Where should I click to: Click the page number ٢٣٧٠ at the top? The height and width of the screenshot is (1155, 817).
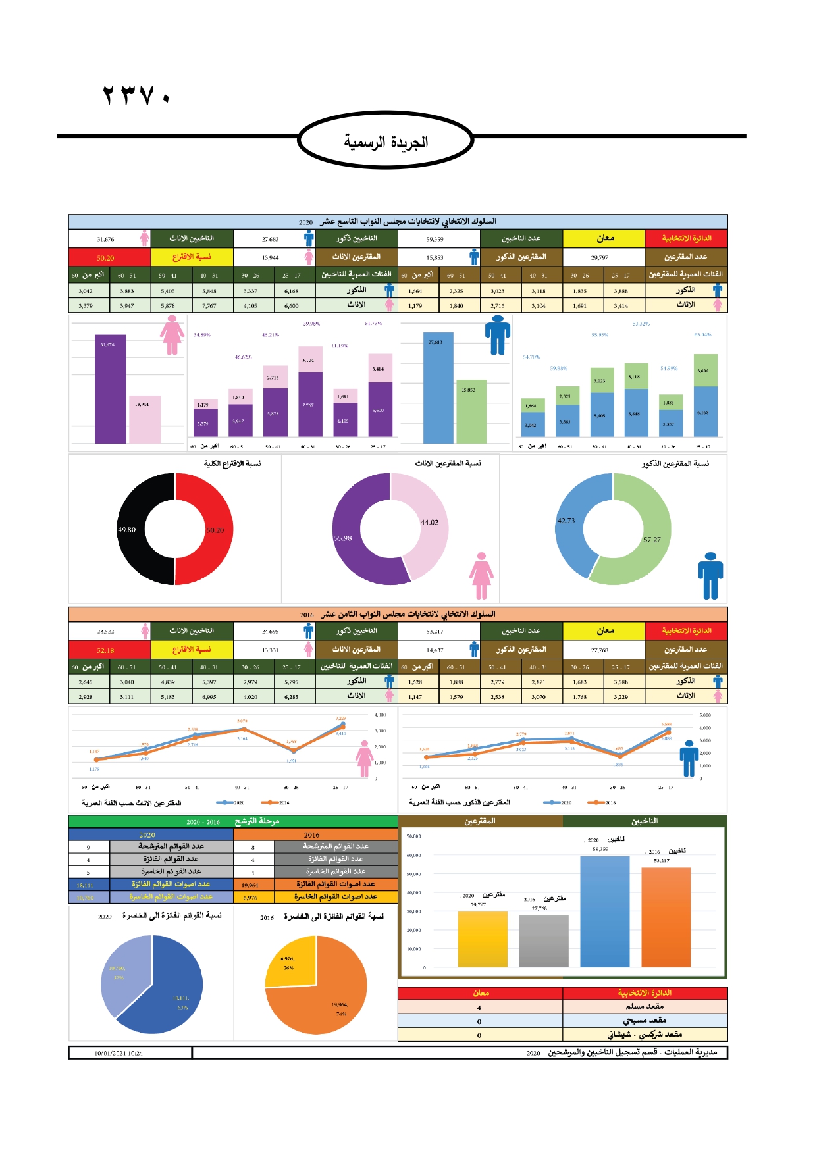[x=136, y=95]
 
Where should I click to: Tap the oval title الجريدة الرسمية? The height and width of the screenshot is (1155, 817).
[x=385, y=141]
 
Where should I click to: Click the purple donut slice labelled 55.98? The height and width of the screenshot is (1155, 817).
[x=352, y=540]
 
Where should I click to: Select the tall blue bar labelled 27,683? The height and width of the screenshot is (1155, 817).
[x=438, y=388]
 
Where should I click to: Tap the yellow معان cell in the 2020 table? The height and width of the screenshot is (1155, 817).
[x=604, y=238]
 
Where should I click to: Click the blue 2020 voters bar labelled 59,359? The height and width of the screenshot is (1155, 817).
[x=604, y=911]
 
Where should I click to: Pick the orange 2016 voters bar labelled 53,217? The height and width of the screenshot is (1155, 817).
[x=666, y=918]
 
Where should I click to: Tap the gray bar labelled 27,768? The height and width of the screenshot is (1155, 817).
[x=543, y=941]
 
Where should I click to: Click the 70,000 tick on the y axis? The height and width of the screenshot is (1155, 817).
[x=413, y=836]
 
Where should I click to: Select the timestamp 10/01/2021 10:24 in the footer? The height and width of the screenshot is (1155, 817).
[x=119, y=1053]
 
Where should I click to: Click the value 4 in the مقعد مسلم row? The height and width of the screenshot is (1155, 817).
[x=479, y=1008]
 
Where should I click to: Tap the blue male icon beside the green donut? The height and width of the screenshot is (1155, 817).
[x=710, y=576]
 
